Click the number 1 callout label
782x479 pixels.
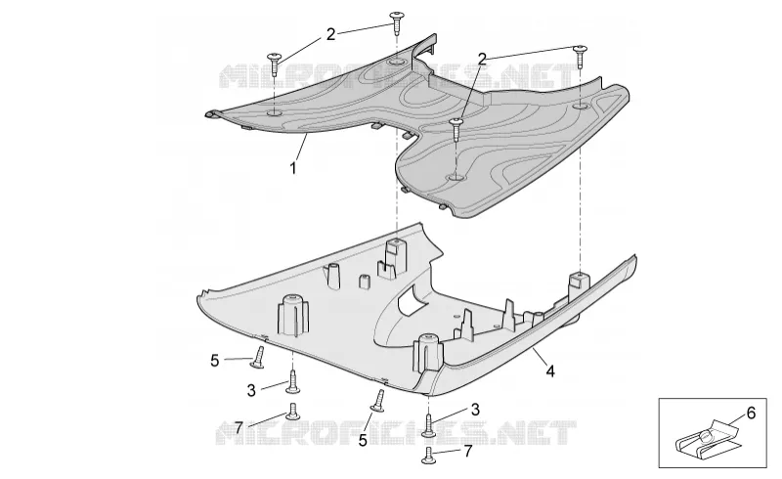click(293, 168)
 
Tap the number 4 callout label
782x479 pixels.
click(550, 371)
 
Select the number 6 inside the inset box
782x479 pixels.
click(751, 414)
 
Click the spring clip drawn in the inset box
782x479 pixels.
click(705, 441)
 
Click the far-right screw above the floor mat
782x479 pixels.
click(580, 56)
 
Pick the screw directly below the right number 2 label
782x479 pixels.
click(456, 128)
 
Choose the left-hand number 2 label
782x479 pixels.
click(331, 34)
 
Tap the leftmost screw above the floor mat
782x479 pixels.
click(275, 63)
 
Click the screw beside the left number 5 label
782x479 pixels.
click(258, 359)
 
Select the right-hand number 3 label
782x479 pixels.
click(475, 410)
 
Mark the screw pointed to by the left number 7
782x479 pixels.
click(293, 411)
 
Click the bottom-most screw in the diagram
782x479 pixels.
click(428, 456)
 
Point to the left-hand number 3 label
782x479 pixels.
click(251, 390)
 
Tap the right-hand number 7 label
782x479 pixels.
click(468, 451)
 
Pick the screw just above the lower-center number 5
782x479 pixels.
click(378, 401)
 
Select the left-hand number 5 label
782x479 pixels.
click(215, 361)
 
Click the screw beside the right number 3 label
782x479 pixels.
click(429, 424)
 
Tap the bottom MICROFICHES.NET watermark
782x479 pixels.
click(396, 432)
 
